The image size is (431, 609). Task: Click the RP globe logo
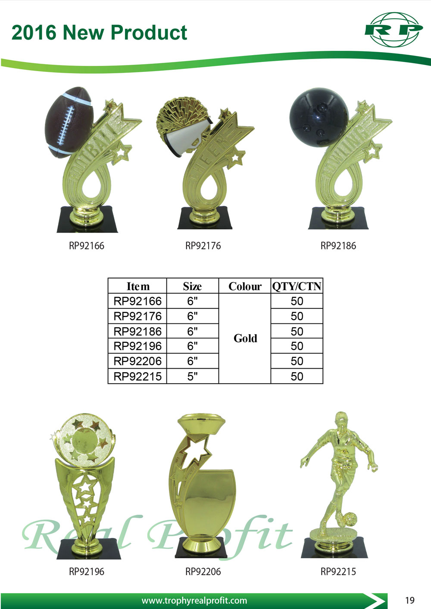click(394, 29)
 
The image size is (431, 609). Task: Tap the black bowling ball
click(319, 117)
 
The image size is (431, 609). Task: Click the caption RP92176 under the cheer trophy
click(203, 246)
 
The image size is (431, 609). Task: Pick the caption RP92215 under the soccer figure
click(338, 572)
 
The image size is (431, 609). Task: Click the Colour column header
click(245, 286)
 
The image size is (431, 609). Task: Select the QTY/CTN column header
click(297, 286)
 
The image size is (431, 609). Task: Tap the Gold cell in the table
click(245, 339)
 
